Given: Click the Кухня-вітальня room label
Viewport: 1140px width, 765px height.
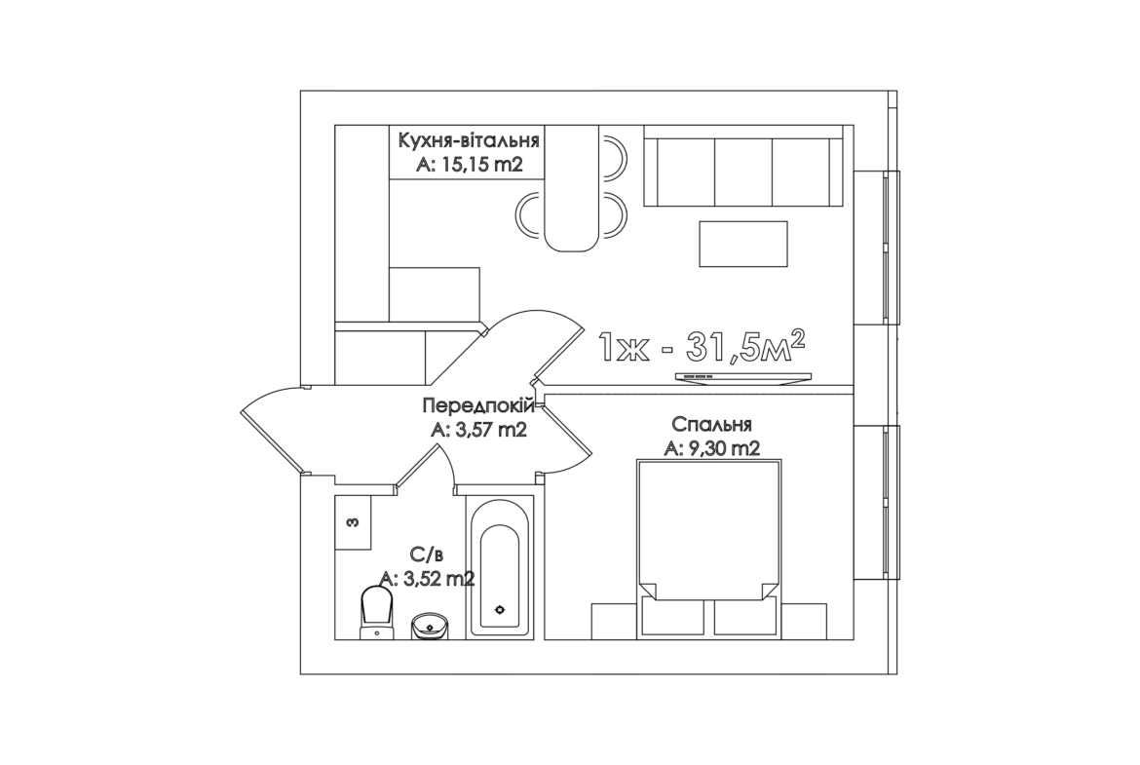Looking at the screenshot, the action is (x=469, y=139).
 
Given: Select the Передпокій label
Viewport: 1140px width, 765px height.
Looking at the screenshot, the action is (x=478, y=405).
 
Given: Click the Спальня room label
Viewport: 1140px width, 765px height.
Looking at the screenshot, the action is (x=712, y=424).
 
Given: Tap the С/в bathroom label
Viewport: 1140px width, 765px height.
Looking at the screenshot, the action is (x=427, y=555).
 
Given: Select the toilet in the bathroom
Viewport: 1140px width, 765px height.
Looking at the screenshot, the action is (x=377, y=613).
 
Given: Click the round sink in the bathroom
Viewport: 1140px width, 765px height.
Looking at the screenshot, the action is (x=430, y=626).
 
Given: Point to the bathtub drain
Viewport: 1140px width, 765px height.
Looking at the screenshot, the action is (x=500, y=609).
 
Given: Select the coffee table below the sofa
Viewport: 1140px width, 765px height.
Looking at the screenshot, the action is (x=743, y=244).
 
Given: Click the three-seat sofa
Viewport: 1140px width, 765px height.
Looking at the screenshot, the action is (x=743, y=166).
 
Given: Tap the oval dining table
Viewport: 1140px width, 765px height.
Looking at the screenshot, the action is (x=571, y=188).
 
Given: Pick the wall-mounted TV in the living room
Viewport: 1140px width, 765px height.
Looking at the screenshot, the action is (x=743, y=377).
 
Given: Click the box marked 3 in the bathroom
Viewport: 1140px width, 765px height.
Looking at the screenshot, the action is (x=354, y=523).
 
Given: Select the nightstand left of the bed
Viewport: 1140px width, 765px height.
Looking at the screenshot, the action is (x=615, y=622).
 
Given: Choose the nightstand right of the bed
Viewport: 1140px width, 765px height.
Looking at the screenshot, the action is (x=804, y=622).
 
